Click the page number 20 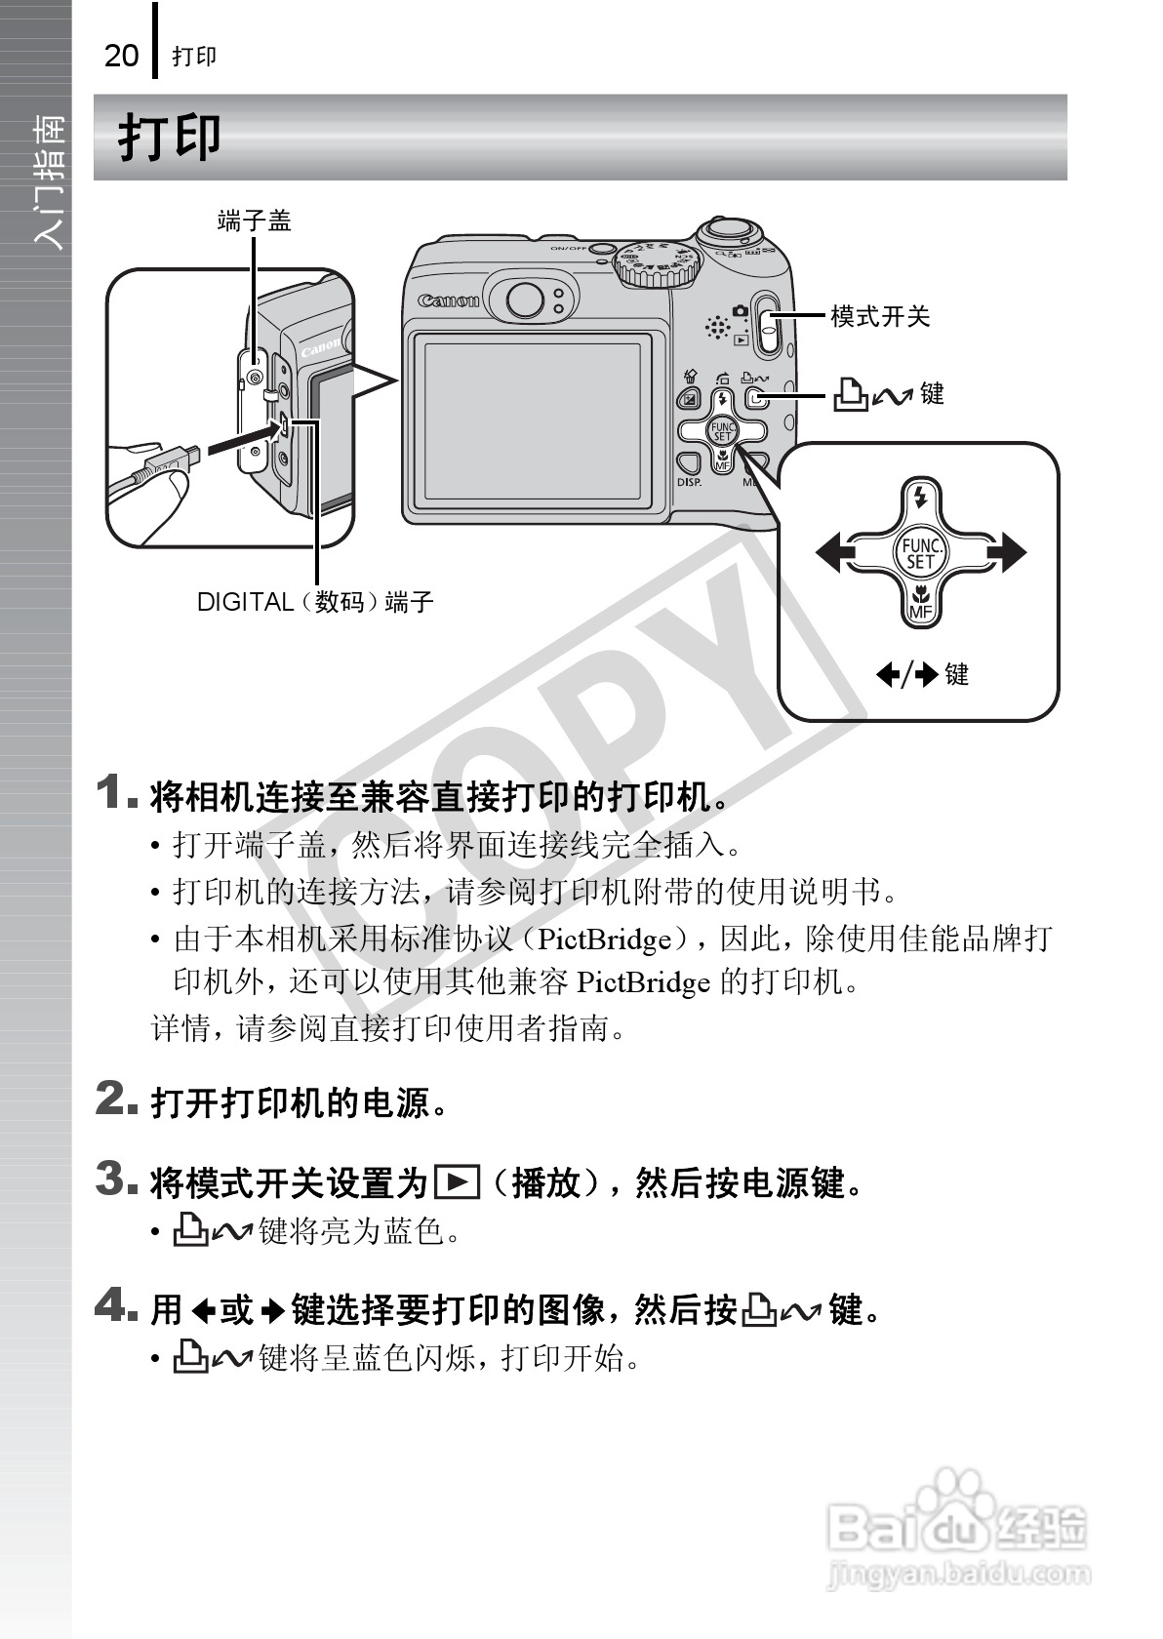[121, 56]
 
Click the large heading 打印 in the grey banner [170, 138]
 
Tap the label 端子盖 [254, 221]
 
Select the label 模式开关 [880, 316]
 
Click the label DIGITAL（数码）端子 [315, 602]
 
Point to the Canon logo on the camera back [449, 300]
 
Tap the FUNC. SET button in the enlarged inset [919, 553]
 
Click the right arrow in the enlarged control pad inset [1005, 553]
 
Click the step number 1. [115, 791]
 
